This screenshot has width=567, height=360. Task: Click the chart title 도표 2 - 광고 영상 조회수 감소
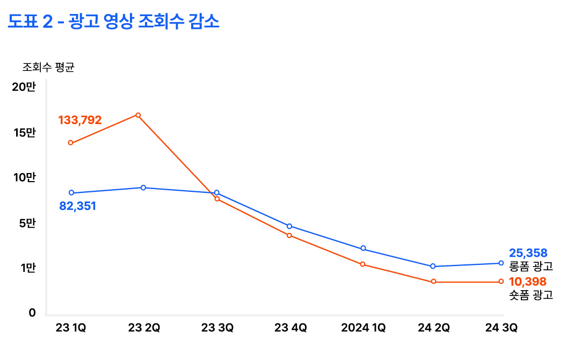click(x=114, y=22)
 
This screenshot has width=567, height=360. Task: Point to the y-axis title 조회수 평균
click(x=48, y=68)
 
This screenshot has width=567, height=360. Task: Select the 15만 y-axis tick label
click(x=24, y=132)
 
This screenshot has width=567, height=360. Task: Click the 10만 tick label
click(x=24, y=177)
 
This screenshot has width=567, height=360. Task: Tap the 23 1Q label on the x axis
click(x=70, y=328)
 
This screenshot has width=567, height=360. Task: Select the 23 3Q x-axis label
click(x=217, y=328)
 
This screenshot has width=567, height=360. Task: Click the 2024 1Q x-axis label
click(x=364, y=328)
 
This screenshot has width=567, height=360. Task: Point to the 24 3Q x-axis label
click(x=501, y=328)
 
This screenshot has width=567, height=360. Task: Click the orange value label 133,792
click(x=80, y=120)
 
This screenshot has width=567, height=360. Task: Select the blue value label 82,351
click(x=77, y=206)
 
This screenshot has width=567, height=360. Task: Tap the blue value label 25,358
click(x=528, y=253)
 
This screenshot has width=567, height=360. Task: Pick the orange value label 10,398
click(x=528, y=282)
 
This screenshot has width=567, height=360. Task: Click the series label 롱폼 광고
click(x=530, y=266)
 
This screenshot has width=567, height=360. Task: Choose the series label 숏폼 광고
click(x=530, y=295)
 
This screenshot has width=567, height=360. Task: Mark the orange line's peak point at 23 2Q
click(x=138, y=115)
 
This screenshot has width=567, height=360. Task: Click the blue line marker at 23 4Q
click(x=289, y=226)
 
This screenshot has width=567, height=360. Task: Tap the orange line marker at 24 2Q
click(x=433, y=282)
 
